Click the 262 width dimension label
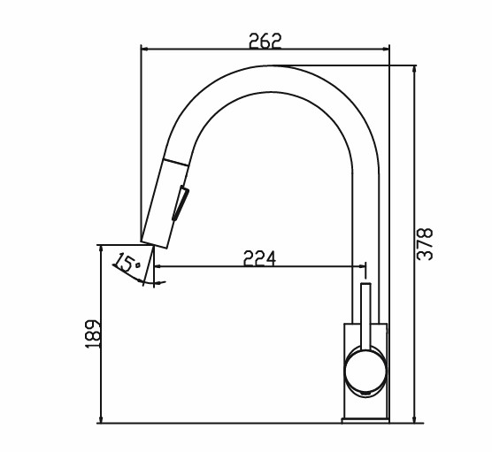pos(265,41)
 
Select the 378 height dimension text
pos(425,244)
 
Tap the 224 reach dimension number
pos(259,258)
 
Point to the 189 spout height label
pos(93,333)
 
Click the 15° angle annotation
pos(127,263)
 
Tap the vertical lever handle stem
pos(365,316)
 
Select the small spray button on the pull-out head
pos(181,203)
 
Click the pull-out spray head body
pos(165,203)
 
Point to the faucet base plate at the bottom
pos(365,421)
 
